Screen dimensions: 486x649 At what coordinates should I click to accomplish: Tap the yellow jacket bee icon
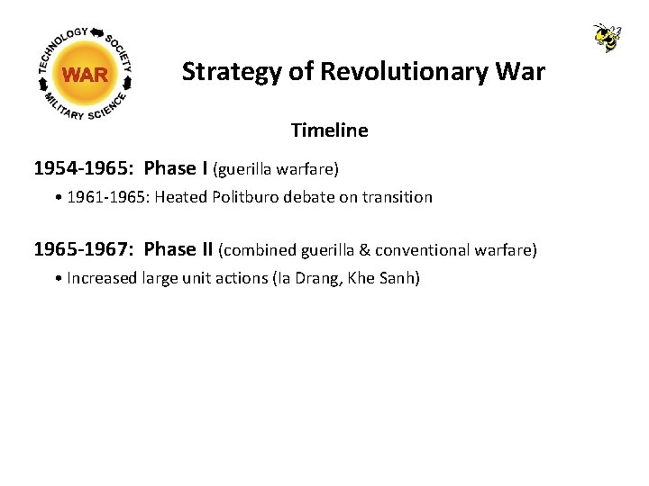click(608, 37)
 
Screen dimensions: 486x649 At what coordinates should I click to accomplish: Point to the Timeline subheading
click(329, 130)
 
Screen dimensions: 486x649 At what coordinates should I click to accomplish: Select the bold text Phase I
click(176, 168)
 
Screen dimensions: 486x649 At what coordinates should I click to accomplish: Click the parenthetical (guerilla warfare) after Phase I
click(275, 169)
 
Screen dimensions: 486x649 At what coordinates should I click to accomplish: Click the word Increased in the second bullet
click(103, 278)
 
